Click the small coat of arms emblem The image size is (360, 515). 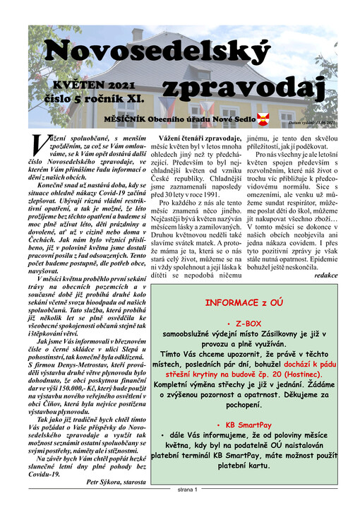click(x=264, y=117)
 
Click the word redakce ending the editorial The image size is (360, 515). click(x=325, y=274)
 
